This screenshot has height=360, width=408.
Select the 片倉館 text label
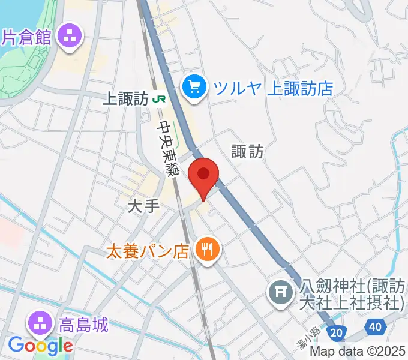(27, 36)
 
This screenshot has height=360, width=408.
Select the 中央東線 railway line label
(168, 148)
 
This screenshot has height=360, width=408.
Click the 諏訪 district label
(247, 152)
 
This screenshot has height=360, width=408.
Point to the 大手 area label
(144, 206)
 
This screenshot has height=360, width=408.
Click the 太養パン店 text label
(148, 249)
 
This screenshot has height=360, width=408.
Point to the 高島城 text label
(83, 325)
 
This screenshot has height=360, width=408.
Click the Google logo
(40, 346)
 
